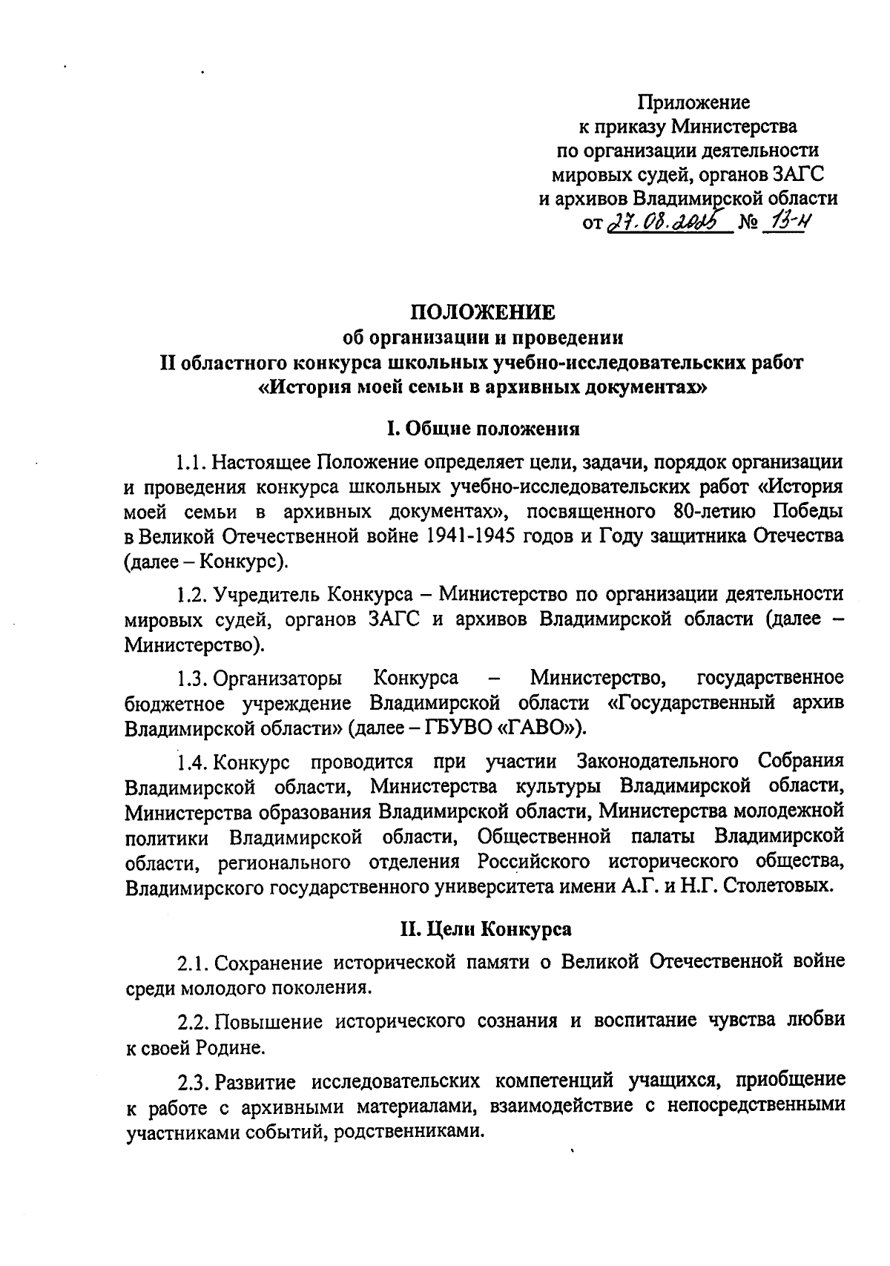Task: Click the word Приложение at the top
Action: (x=694, y=102)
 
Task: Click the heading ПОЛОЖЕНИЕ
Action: (x=483, y=311)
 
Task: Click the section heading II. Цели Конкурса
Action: (x=485, y=928)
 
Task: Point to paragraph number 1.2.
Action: (x=191, y=594)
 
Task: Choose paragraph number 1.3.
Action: (x=191, y=678)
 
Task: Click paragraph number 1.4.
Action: (x=191, y=761)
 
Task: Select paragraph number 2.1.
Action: (x=191, y=963)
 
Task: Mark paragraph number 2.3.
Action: (x=191, y=1081)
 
